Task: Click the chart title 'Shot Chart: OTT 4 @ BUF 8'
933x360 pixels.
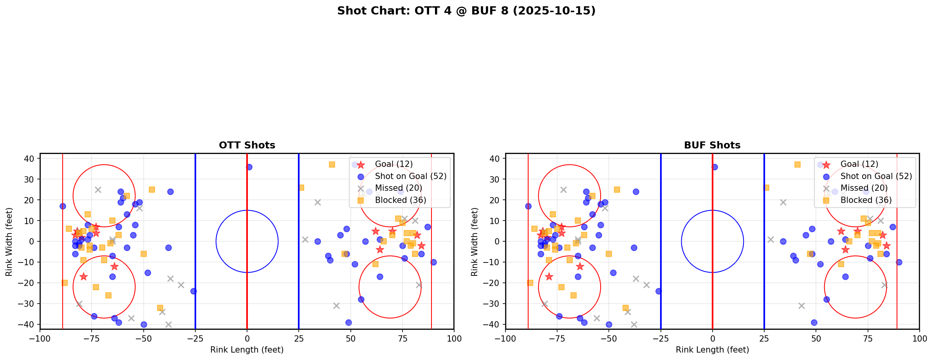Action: tap(466, 11)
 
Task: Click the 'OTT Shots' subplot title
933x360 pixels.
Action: tap(247, 145)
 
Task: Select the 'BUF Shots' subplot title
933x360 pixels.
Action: tap(712, 145)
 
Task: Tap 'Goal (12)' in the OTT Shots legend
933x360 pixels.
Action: tap(393, 164)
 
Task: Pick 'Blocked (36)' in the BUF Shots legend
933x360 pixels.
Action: tap(866, 200)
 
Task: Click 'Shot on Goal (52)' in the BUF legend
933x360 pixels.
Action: tap(876, 176)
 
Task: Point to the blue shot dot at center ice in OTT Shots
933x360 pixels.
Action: tap(249, 167)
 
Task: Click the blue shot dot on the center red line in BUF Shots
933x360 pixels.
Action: tap(715, 167)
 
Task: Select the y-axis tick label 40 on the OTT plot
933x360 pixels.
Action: tap(31, 159)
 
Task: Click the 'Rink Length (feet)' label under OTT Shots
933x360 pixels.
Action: tap(247, 350)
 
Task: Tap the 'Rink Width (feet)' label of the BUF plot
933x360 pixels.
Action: tap(475, 241)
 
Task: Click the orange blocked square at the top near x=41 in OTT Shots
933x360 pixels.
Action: tap(332, 165)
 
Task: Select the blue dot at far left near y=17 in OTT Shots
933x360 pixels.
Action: tap(63, 206)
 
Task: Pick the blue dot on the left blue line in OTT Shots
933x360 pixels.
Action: tap(193, 291)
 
